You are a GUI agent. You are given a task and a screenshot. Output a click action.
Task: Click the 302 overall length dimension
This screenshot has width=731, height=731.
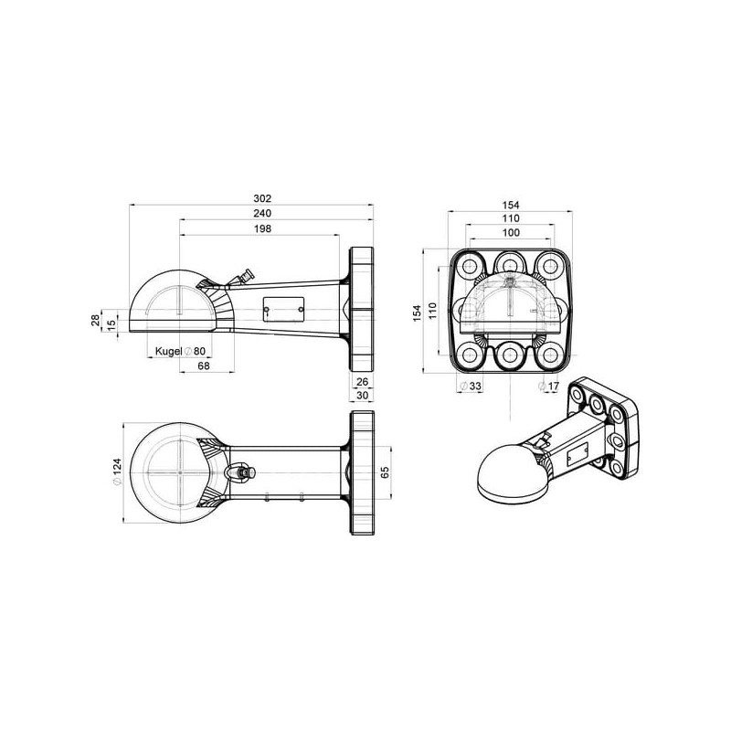point(262,198)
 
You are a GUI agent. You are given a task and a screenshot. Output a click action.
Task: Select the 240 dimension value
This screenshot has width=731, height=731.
point(262,214)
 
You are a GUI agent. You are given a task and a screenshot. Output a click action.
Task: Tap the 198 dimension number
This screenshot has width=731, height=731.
point(262,229)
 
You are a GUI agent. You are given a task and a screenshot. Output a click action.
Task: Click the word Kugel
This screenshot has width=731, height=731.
point(168,352)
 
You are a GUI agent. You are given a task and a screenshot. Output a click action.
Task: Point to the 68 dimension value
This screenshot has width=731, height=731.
point(204,366)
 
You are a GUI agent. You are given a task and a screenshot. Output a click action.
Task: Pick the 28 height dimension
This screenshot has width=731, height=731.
point(96,320)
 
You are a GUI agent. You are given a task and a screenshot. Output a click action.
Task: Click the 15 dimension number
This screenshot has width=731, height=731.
point(111,325)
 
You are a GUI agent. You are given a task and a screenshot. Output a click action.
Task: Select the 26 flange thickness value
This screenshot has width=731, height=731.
point(362,382)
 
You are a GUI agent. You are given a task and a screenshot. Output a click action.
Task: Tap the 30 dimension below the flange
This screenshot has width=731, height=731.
point(362,396)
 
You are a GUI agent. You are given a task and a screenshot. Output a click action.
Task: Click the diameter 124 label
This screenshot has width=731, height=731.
point(117,471)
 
